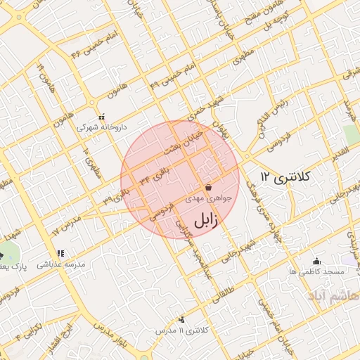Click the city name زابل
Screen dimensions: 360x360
(204, 219)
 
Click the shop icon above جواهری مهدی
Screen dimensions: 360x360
(209, 188)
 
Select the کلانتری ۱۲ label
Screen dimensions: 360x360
(284, 177)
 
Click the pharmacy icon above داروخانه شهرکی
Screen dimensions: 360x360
(101, 117)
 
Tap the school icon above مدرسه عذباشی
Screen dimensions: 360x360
(60, 253)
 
